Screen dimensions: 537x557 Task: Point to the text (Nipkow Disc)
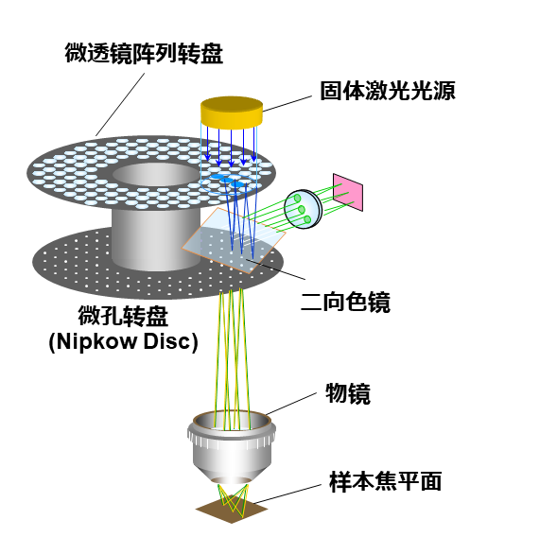(123, 342)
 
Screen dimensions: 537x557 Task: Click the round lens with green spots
(304, 209)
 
